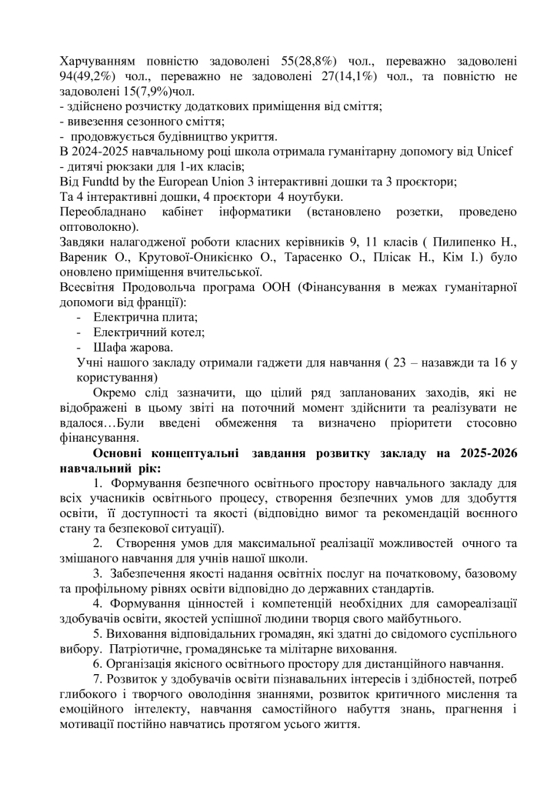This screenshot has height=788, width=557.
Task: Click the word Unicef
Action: click(x=495, y=151)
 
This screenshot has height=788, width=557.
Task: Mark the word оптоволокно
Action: click(x=98, y=227)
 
